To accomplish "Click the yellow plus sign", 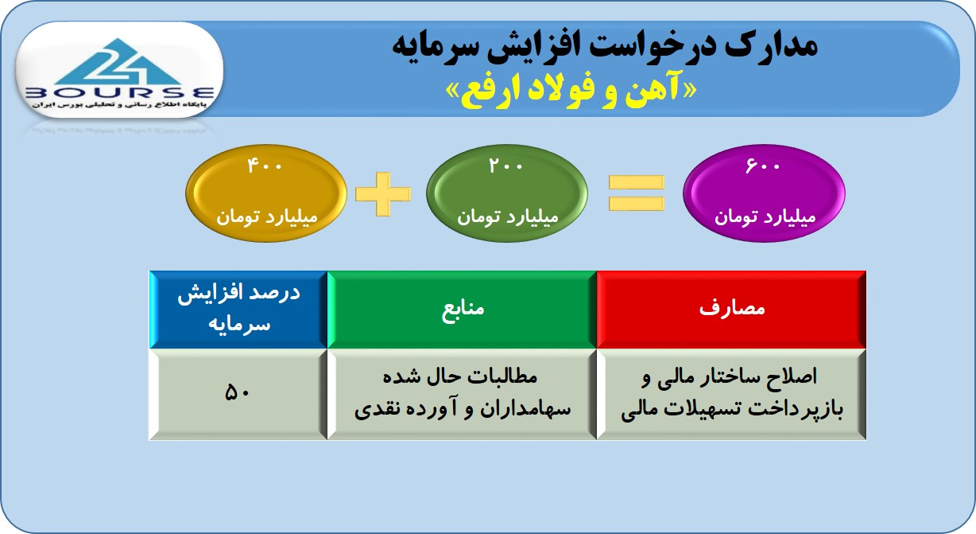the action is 383,194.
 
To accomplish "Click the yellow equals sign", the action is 637,193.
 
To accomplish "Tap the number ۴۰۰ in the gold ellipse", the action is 265,166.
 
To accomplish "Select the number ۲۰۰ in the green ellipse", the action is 505,166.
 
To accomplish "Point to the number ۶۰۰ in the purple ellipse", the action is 763,166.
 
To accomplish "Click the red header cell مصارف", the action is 731,310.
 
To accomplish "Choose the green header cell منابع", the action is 462,310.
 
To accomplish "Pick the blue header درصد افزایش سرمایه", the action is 238,310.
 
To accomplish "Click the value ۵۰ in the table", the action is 238,392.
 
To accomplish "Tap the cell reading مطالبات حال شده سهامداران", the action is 462,394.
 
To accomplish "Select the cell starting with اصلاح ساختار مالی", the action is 731,394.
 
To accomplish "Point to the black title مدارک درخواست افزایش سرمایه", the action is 604,47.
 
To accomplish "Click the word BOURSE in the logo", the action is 120,92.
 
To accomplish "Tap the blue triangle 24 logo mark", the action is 118,62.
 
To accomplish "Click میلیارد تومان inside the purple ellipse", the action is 765,216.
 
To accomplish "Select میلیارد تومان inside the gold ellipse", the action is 267,216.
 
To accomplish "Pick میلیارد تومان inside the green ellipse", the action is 508,216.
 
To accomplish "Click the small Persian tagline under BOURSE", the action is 120,105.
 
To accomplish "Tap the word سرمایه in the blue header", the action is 239,325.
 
